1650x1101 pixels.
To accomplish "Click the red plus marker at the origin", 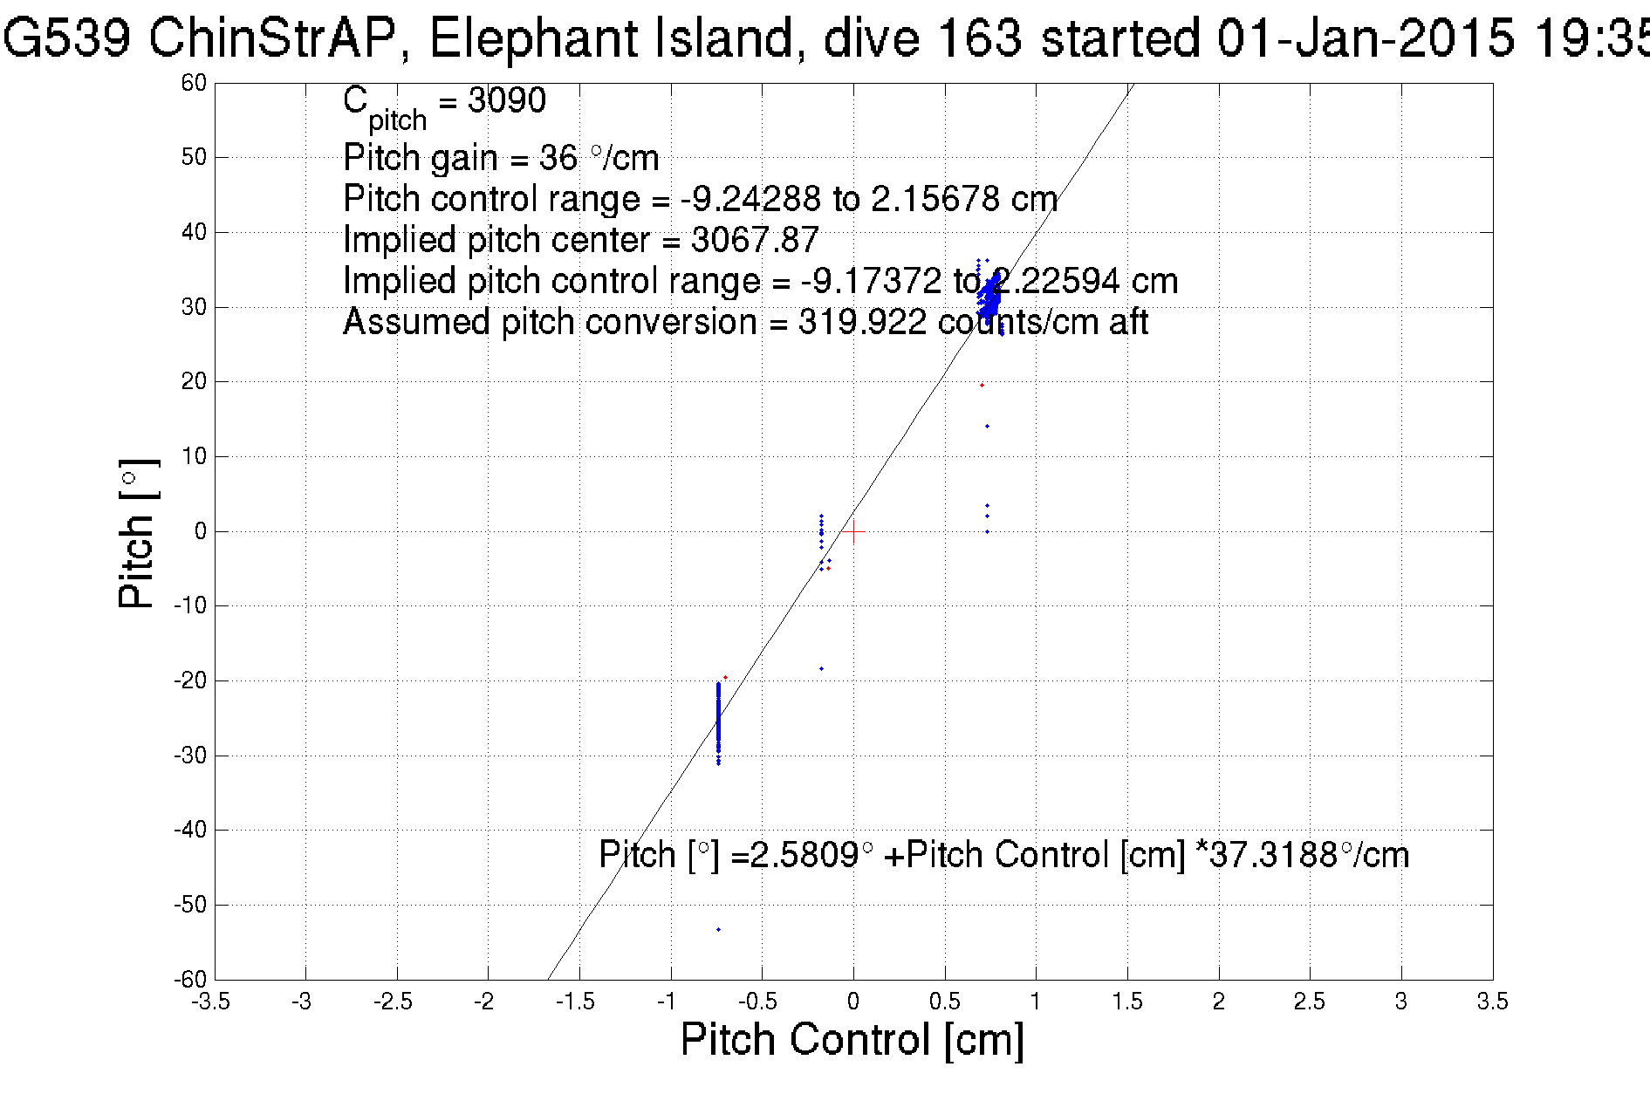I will tap(853, 531).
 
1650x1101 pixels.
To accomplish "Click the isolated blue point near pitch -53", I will tap(718, 929).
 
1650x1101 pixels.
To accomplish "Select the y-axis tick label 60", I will tap(194, 83).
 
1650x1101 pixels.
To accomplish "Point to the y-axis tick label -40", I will tap(190, 830).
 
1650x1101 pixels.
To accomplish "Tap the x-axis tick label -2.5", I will tap(393, 1002).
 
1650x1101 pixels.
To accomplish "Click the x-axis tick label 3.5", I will tap(1492, 1002).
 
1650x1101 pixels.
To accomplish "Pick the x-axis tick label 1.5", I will tap(1127, 1002).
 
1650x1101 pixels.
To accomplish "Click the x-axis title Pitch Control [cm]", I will tap(852, 1040).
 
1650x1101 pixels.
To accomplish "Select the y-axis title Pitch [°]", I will tap(138, 533).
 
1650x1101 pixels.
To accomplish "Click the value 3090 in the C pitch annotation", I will tap(507, 100).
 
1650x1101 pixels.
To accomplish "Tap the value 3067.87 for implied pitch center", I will tap(755, 240).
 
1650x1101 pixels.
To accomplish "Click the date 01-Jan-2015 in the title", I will tap(1366, 38).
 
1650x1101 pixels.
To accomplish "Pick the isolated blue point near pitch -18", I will tap(821, 669).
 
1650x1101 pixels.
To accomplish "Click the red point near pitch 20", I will tap(982, 385).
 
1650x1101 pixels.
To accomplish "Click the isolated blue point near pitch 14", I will tap(987, 426).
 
